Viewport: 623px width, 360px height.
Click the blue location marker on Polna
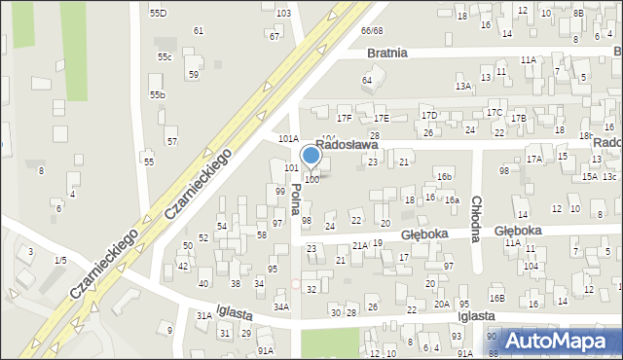311,156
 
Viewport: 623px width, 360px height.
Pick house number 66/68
372,31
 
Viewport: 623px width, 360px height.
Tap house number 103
283,13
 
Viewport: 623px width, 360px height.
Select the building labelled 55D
158,13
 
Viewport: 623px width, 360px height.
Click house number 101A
289,139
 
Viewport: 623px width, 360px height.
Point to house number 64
367,80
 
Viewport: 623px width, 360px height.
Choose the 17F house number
344,119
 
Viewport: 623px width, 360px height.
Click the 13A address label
463,87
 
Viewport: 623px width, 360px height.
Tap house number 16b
444,176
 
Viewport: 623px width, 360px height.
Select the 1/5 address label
60,261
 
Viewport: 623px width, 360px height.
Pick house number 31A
203,316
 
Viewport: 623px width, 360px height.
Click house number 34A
280,306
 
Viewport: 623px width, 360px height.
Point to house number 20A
442,305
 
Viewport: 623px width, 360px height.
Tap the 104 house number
531,266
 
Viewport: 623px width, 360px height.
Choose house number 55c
165,57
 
